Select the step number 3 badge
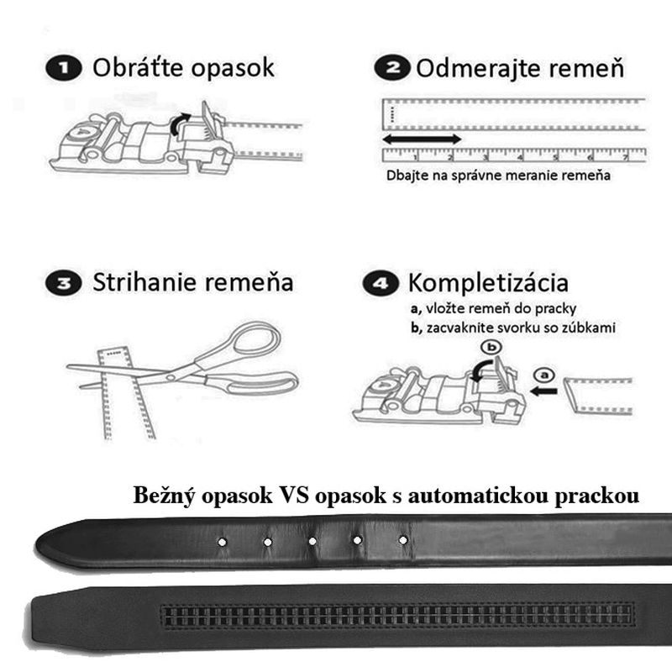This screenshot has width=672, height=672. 65,283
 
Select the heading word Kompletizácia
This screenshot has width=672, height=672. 486,282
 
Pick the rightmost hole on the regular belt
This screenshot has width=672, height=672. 403,539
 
